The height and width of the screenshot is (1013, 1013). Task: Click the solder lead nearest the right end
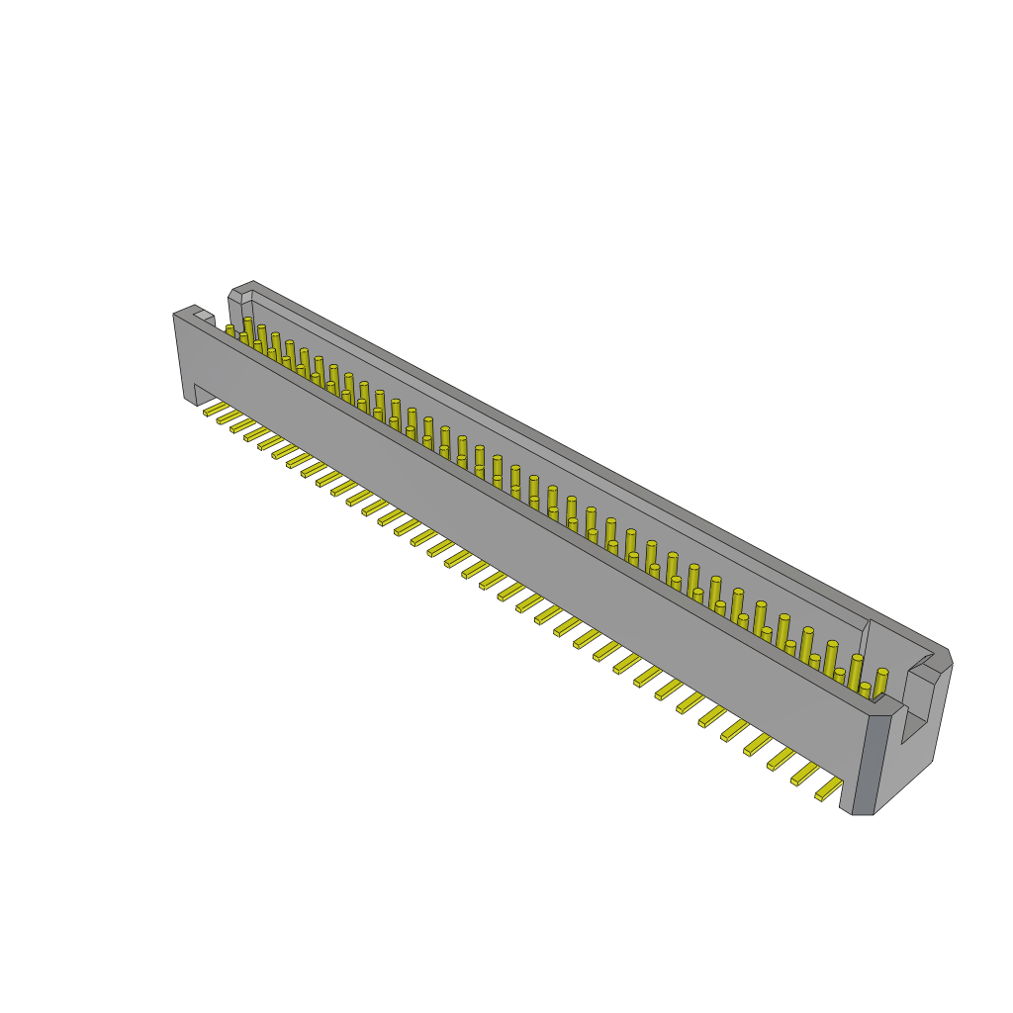click(x=828, y=789)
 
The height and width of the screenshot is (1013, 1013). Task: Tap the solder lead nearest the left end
click(x=215, y=409)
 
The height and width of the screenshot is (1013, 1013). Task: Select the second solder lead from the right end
click(x=804, y=775)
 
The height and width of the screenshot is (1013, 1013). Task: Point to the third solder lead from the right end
click(x=781, y=760)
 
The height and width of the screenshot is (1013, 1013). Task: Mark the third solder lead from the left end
click(x=241, y=425)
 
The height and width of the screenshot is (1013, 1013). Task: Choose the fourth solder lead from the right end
click(x=758, y=745)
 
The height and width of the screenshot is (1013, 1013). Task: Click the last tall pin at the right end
click(x=880, y=683)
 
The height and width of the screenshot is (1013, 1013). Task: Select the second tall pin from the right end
click(x=856, y=670)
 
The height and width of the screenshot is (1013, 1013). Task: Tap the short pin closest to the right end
click(x=865, y=689)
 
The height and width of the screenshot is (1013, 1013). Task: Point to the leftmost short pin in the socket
click(x=230, y=330)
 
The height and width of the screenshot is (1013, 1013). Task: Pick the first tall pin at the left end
click(x=248, y=327)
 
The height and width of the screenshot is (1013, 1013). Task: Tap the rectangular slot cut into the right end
click(x=916, y=712)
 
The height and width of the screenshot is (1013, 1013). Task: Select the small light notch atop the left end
click(x=204, y=316)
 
